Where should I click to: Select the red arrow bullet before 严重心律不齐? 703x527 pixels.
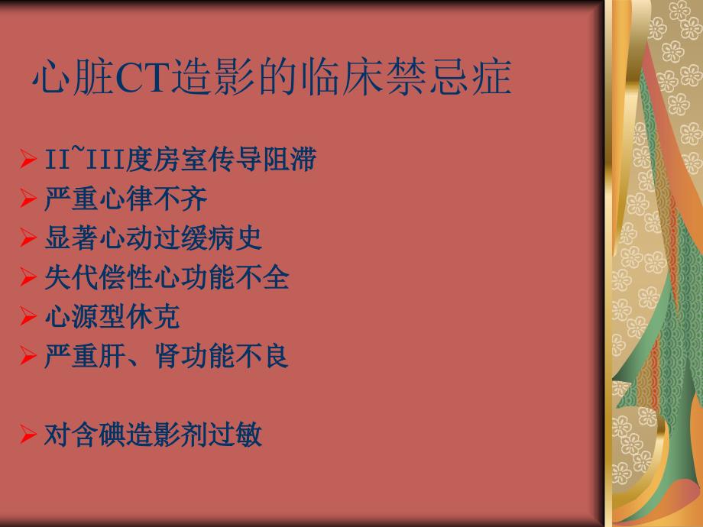point(28,198)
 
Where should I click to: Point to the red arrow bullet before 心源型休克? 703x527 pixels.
point(28,316)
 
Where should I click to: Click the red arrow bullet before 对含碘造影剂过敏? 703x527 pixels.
point(28,435)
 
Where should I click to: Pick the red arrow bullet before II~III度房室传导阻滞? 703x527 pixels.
point(28,159)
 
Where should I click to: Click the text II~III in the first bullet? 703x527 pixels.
point(85,158)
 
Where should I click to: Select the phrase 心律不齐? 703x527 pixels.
point(154,199)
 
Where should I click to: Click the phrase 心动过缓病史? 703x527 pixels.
point(180,238)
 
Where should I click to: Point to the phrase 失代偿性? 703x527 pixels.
point(99,277)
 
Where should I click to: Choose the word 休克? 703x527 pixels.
point(154,316)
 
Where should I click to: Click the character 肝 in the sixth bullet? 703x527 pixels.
point(112,356)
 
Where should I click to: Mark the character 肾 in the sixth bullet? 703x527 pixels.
point(167,356)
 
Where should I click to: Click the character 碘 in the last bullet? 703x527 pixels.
point(112,435)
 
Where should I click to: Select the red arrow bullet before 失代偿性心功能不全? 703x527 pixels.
point(28,277)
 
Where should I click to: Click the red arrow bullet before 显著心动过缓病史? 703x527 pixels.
point(28,238)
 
